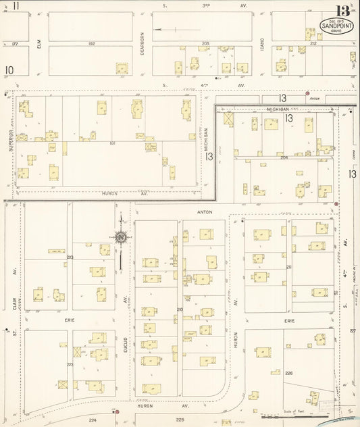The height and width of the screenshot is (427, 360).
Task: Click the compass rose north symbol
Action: click(x=120, y=237)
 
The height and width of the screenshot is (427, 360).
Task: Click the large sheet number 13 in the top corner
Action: click(x=342, y=11)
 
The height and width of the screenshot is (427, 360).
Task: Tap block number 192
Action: click(x=91, y=43)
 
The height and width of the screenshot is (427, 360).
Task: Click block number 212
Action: click(x=313, y=43)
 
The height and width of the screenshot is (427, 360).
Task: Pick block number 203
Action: click(x=70, y=257)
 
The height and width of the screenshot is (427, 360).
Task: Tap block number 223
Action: click(x=70, y=364)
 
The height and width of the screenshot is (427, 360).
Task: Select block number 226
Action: click(x=289, y=373)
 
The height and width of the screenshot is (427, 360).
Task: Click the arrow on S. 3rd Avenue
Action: click(x=168, y=29)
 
